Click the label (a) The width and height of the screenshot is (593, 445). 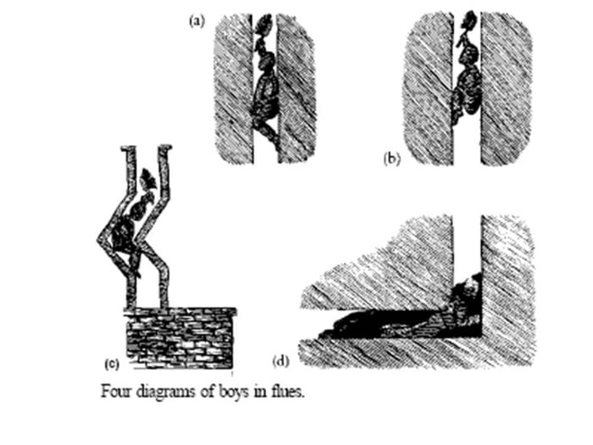pyautogui.click(x=197, y=21)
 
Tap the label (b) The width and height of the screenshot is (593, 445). pyautogui.click(x=391, y=159)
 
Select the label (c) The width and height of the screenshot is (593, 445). pyautogui.click(x=112, y=364)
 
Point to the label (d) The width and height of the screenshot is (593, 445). pyautogui.click(x=280, y=361)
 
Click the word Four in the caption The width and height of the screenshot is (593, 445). pyautogui.click(x=116, y=391)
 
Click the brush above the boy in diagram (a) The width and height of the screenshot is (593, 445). pyautogui.click(x=263, y=24)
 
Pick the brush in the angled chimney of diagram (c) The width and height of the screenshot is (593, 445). pyautogui.click(x=148, y=179)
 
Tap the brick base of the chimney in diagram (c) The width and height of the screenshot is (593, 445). pyautogui.click(x=180, y=338)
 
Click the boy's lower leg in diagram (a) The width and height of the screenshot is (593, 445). pyautogui.click(x=269, y=132)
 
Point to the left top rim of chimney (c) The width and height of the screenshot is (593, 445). pyautogui.click(x=128, y=147)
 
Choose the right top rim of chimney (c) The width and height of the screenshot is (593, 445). pyautogui.click(x=165, y=147)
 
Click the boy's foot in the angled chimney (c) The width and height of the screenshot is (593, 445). pyautogui.click(x=136, y=272)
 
